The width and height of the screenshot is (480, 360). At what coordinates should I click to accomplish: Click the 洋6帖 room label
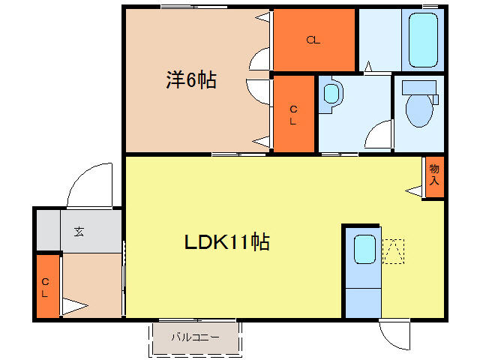click(191, 80)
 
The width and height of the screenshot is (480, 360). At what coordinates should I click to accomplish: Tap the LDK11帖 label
click(228, 241)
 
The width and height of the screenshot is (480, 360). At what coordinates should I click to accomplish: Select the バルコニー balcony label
click(195, 337)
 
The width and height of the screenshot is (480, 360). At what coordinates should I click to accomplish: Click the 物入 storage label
click(434, 176)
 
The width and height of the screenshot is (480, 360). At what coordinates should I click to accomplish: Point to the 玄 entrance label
click(79, 231)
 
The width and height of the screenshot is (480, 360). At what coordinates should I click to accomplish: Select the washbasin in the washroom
click(330, 94)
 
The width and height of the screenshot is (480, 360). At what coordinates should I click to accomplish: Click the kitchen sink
click(364, 249)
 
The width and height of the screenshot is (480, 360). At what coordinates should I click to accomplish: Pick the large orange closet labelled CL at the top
click(313, 40)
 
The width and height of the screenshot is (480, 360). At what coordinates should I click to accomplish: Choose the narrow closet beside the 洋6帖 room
click(293, 114)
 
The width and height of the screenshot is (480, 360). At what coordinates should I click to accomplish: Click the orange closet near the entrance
click(46, 286)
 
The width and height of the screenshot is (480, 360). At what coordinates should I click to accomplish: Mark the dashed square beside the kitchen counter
click(393, 251)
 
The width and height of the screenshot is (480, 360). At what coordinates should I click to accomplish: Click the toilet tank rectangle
click(418, 86)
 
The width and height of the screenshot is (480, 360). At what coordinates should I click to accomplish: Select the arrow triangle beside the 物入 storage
click(415, 192)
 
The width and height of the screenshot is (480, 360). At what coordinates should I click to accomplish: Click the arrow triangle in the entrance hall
click(73, 306)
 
